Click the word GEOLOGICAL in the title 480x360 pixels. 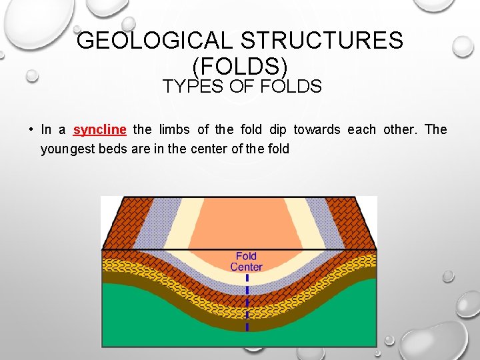(155, 41)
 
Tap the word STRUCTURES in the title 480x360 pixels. (322, 41)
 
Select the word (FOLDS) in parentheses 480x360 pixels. (240, 65)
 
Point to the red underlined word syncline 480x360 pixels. (100, 129)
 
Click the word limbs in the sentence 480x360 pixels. (174, 129)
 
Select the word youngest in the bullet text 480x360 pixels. (68, 149)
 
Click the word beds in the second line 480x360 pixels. (114, 149)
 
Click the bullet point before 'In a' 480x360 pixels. (31, 129)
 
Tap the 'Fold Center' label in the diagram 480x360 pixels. (246, 262)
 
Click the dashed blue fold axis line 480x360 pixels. (247, 307)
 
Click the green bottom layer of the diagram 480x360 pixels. (167, 327)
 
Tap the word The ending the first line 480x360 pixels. (435, 129)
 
